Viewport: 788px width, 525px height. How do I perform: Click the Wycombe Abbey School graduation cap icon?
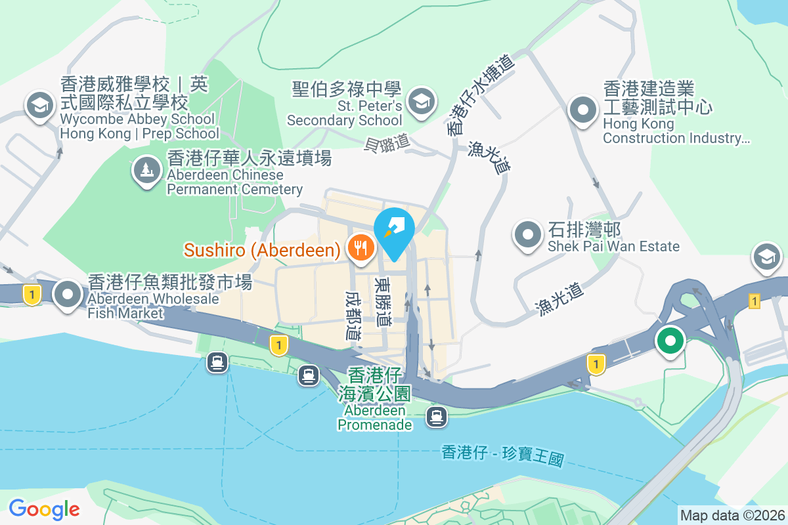tap(39, 105)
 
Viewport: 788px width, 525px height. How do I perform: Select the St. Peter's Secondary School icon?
tap(420, 101)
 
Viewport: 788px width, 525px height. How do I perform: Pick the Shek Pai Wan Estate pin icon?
tap(527, 236)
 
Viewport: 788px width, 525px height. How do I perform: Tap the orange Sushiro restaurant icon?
tap(359, 248)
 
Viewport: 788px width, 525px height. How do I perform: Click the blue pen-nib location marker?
tap(394, 228)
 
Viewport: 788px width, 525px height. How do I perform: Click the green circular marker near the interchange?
tap(670, 341)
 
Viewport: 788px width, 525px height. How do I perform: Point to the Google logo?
tap(44, 509)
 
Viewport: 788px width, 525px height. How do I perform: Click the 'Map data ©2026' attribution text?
tap(732, 515)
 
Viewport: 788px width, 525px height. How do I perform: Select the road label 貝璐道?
tap(387, 140)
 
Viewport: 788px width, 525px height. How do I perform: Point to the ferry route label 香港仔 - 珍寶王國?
tap(503, 455)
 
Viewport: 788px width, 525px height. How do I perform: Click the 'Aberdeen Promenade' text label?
tap(375, 417)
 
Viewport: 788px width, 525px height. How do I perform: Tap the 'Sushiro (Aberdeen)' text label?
tap(262, 250)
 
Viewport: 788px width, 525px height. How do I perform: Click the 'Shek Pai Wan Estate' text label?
tap(614, 247)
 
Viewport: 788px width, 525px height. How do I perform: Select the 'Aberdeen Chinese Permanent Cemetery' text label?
tap(234, 182)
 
